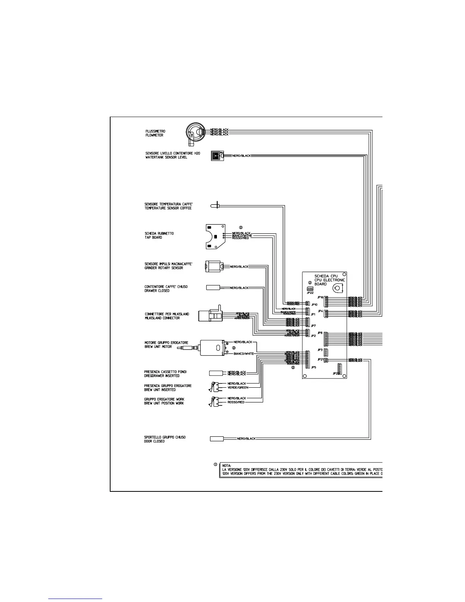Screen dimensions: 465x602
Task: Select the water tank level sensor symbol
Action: coord(216,156)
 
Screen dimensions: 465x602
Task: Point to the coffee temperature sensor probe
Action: coord(216,205)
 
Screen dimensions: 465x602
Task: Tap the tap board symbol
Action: coord(214,236)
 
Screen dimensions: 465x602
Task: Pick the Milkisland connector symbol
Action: coord(211,315)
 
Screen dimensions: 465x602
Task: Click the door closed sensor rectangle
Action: coord(217,439)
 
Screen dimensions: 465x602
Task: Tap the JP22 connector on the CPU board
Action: coord(310,288)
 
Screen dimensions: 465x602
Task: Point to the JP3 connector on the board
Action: coord(326,352)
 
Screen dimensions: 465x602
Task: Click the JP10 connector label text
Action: coord(314,305)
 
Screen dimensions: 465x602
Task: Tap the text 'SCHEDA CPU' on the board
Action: coord(326,276)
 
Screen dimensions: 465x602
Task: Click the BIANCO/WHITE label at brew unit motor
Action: coord(244,353)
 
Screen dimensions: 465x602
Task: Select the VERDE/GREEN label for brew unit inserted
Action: coord(238,388)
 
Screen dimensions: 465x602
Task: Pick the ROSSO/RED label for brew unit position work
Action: coord(236,402)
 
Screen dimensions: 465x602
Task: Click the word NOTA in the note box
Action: coord(227,465)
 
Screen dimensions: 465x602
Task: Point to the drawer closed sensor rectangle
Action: coord(213,288)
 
